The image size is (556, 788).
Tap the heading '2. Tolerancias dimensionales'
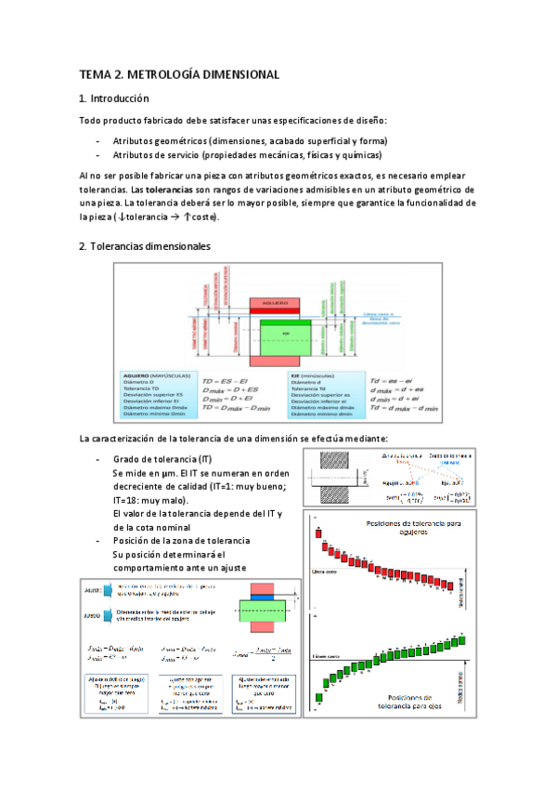tap(145, 246)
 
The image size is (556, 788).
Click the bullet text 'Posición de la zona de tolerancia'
tap(181, 541)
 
